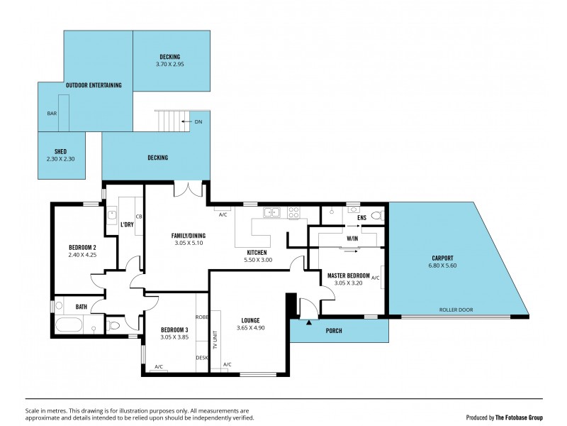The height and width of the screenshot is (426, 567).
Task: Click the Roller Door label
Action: (456, 310)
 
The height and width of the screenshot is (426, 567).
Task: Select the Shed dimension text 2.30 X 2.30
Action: (60, 159)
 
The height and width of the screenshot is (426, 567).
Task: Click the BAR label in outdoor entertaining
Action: (52, 114)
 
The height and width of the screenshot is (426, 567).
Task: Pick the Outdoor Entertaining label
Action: (94, 85)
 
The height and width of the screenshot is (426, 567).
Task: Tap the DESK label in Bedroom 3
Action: (201, 358)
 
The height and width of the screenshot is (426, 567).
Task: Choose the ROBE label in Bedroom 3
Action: (202, 317)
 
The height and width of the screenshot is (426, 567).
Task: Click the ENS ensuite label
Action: (361, 218)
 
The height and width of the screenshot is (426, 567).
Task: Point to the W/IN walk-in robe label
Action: (352, 239)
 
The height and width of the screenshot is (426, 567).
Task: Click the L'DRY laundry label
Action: (128, 225)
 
